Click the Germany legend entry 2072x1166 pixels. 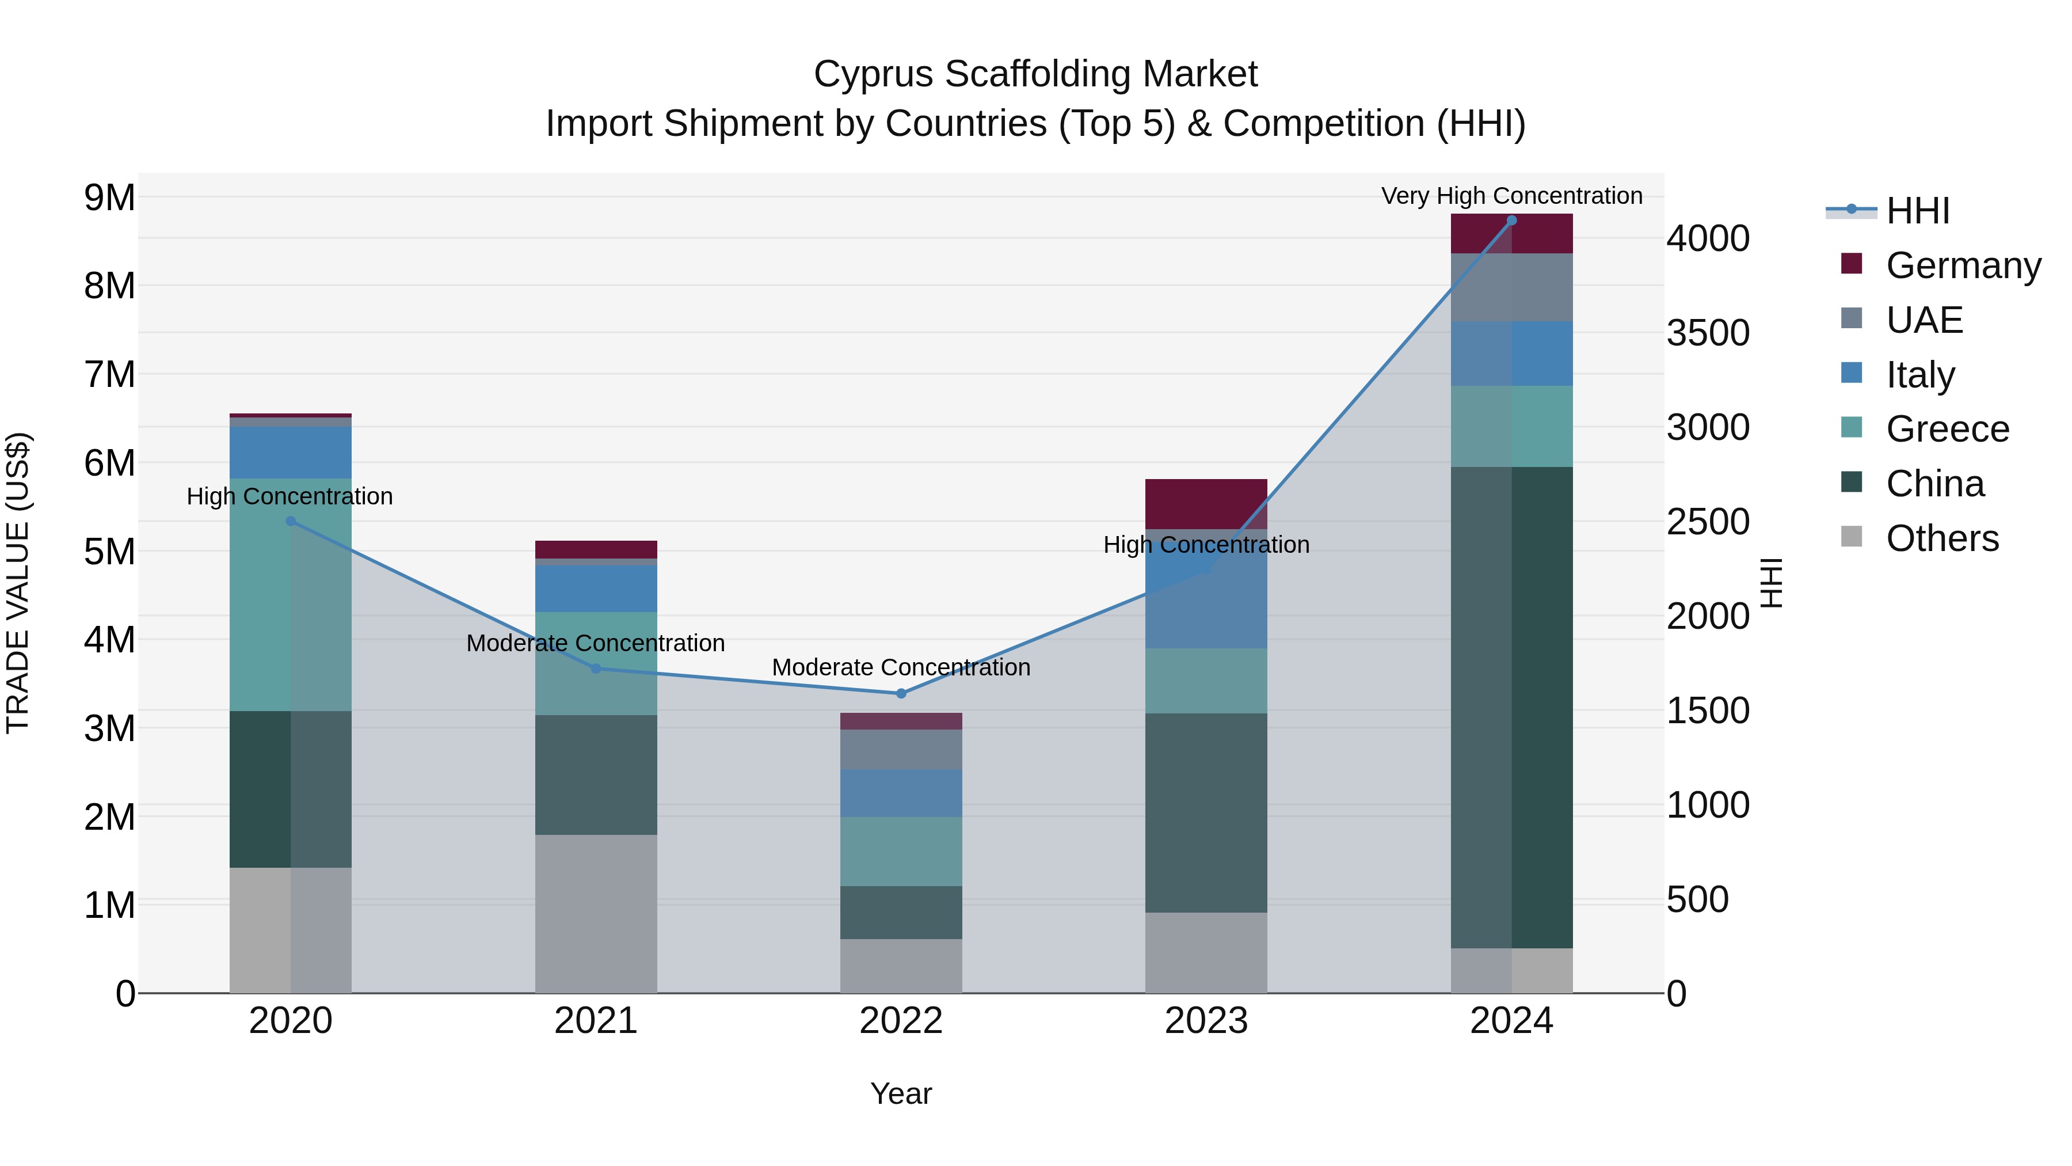(x=1963, y=265)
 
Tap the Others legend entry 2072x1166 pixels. (x=1942, y=538)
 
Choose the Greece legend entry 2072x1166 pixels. (x=1947, y=429)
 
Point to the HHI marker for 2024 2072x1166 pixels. (x=1511, y=221)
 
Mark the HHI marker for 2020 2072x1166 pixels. (x=291, y=522)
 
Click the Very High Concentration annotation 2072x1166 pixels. (x=1511, y=196)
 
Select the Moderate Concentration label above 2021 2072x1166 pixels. (x=595, y=643)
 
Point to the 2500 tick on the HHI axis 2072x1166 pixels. (x=1708, y=522)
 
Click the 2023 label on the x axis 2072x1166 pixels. (x=1206, y=1021)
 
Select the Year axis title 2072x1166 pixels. (x=901, y=1093)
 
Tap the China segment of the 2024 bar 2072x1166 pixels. (x=1511, y=708)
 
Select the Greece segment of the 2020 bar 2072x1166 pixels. (x=291, y=595)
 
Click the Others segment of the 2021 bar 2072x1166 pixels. (x=595, y=913)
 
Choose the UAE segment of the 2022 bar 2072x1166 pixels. (x=901, y=749)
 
